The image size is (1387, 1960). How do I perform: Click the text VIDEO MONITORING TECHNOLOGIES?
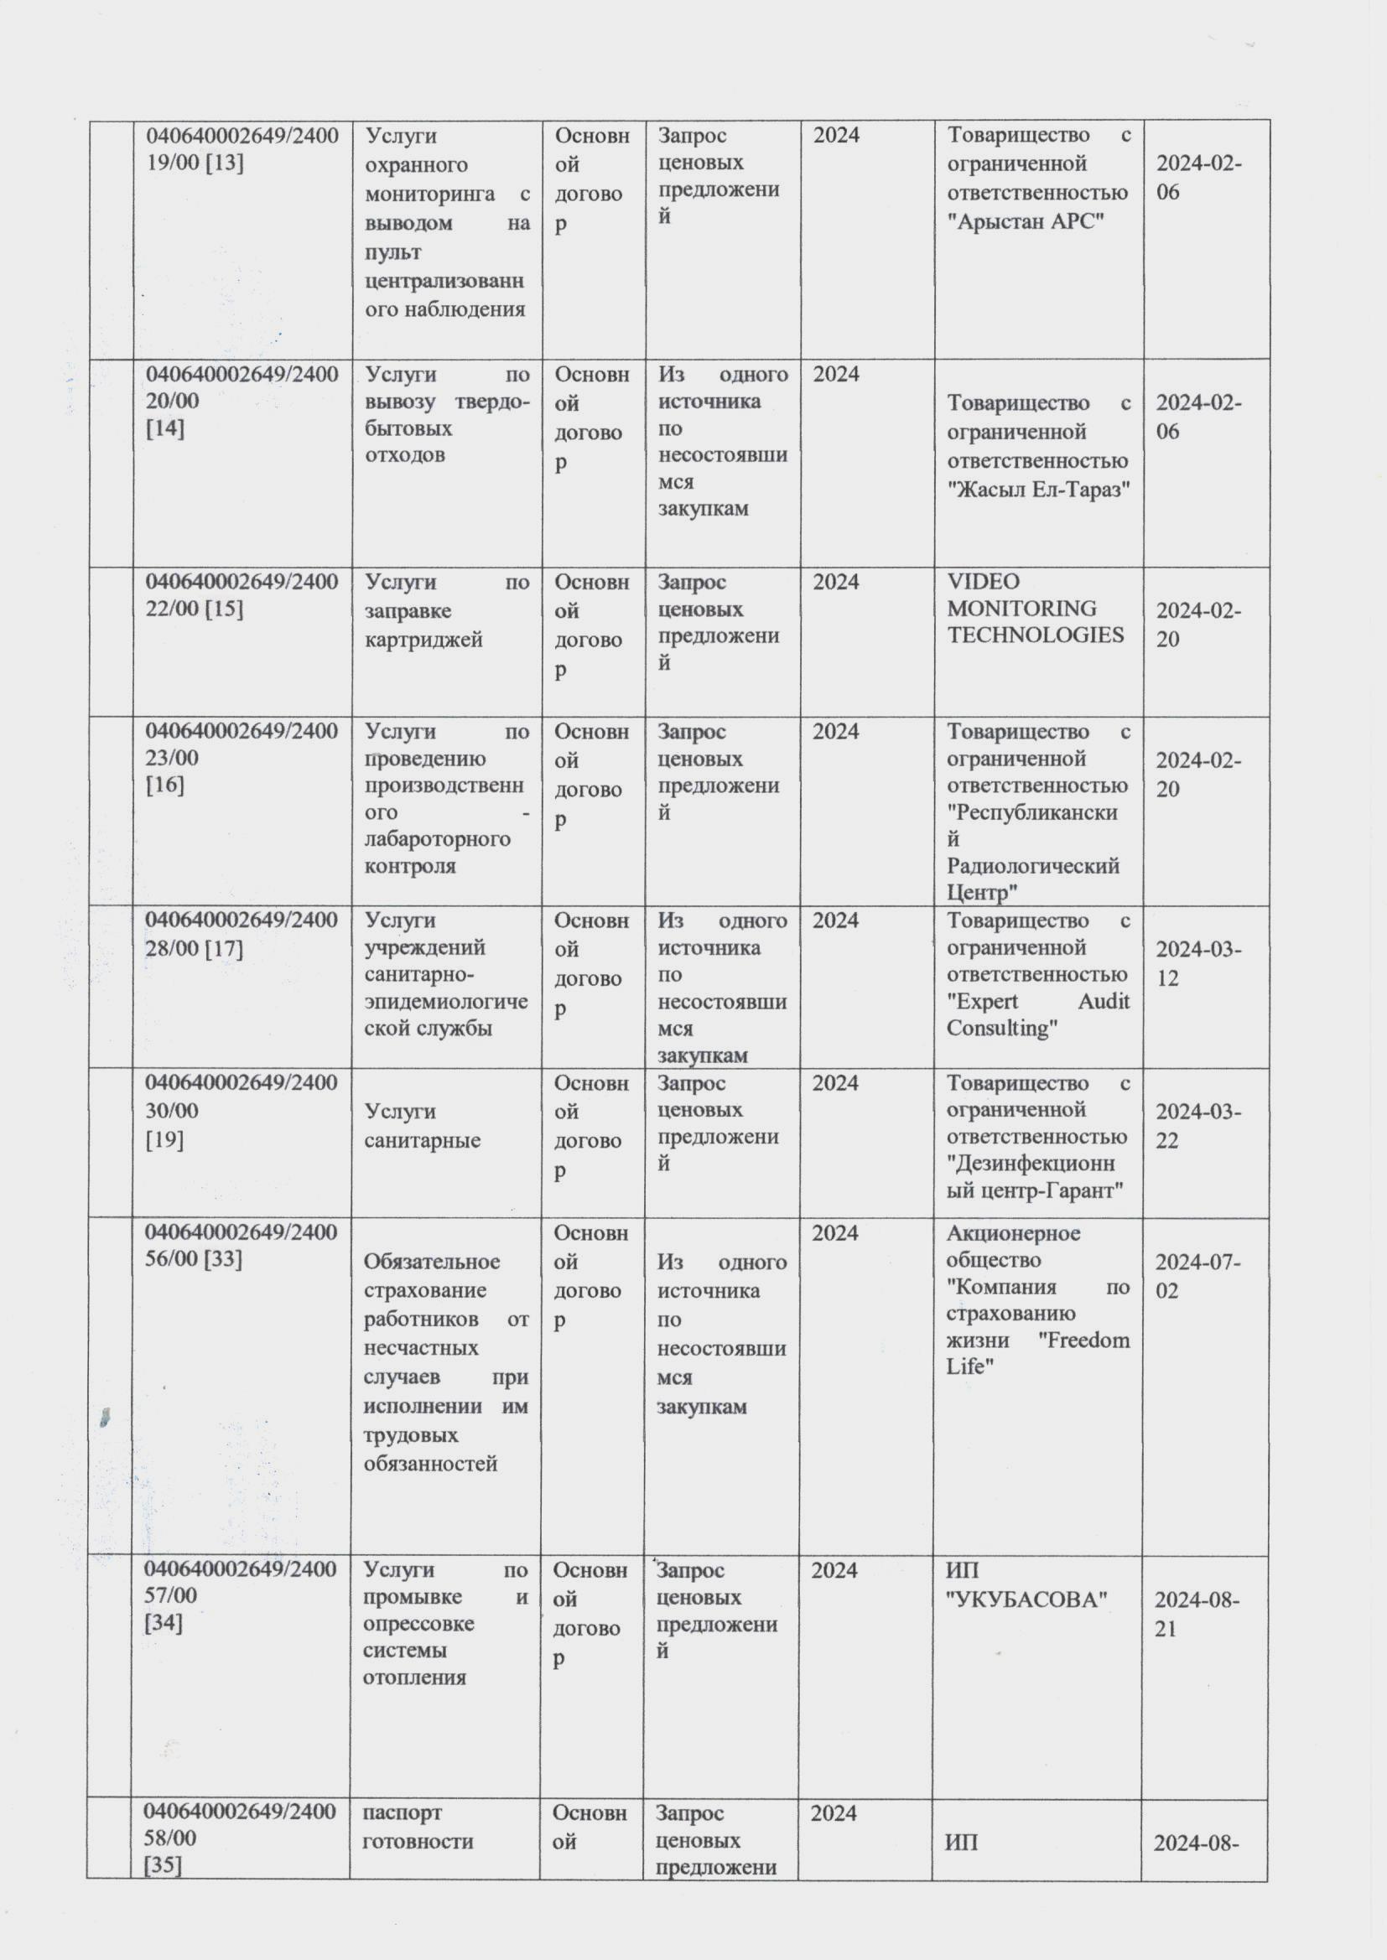tap(1034, 609)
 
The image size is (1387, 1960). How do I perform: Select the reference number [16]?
tap(165, 786)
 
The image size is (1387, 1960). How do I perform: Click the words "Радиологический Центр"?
tap(1031, 879)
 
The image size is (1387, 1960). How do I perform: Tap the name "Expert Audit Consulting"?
tap(1037, 1015)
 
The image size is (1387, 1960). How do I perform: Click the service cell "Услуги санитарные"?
tap(423, 1126)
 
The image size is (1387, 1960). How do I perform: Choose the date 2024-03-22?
tap(1197, 1126)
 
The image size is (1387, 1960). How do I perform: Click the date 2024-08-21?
tap(1196, 1615)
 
